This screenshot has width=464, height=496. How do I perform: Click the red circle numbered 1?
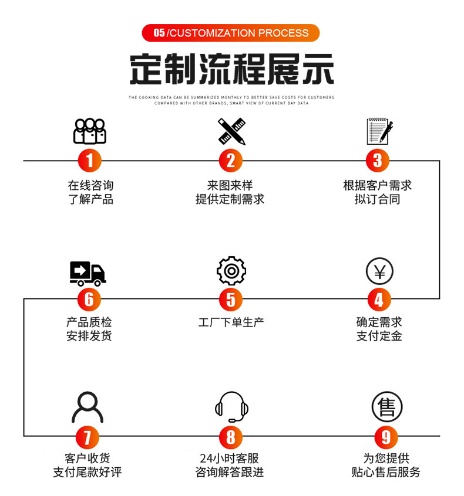[x=89, y=160]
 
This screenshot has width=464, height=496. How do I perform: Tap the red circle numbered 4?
[x=379, y=300]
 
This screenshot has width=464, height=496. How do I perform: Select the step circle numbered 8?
[x=231, y=437]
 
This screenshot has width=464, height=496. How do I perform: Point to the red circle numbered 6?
[x=89, y=299]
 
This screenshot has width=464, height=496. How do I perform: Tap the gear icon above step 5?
[x=231, y=271]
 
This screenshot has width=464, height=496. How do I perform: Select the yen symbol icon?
[x=379, y=271]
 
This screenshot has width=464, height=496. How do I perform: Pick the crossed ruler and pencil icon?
[x=231, y=131]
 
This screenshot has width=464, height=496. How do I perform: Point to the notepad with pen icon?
[x=379, y=131]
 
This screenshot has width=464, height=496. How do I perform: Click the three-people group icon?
[x=89, y=131]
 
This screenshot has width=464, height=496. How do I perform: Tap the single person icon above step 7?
[x=88, y=407]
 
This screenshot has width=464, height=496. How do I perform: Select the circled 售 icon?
[x=387, y=407]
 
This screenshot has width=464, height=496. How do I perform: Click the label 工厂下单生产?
[x=231, y=322]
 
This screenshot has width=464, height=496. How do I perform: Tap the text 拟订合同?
[x=378, y=199]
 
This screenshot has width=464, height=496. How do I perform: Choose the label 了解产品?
[x=90, y=199]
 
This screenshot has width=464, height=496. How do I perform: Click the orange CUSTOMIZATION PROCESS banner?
[x=231, y=33]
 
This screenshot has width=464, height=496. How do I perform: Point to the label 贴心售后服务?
[x=386, y=472]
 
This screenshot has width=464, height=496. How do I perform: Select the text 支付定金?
[x=379, y=336]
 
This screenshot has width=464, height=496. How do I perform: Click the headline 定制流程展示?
[x=231, y=69]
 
